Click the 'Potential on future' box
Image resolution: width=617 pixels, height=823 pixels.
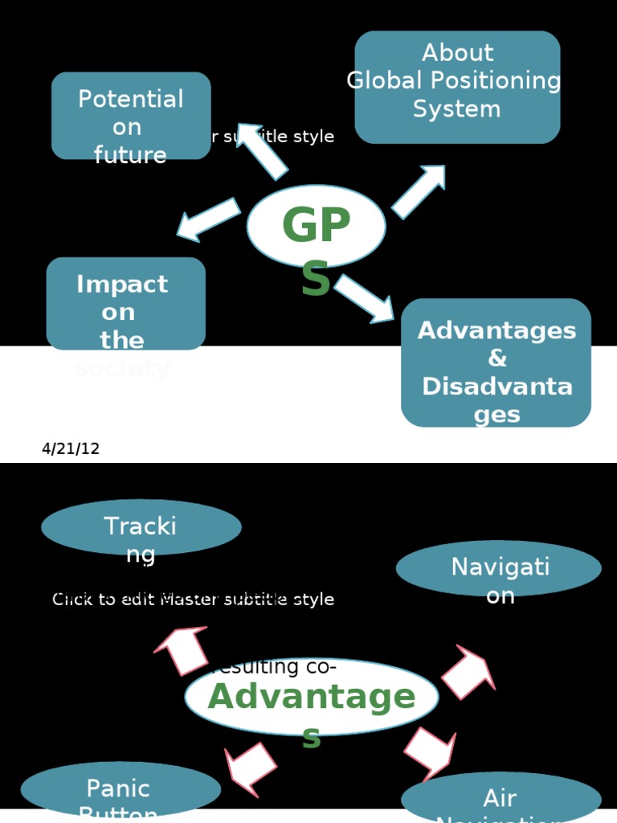[131, 115]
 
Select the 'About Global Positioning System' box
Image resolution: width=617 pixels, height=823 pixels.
[457, 87]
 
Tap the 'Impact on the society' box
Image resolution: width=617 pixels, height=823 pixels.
[125, 304]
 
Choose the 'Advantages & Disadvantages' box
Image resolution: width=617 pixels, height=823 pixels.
[496, 362]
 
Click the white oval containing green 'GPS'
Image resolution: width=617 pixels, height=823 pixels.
[316, 226]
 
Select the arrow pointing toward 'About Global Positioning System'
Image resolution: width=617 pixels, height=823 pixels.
[419, 191]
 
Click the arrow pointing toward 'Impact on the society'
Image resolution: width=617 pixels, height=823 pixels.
[207, 219]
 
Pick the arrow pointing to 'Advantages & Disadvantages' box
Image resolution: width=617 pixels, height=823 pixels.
[366, 297]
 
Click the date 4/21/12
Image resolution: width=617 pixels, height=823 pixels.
[71, 448]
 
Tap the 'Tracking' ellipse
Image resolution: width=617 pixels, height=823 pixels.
[141, 527]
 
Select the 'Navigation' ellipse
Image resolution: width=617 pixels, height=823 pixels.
[499, 568]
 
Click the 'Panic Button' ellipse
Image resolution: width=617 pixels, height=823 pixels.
[121, 789]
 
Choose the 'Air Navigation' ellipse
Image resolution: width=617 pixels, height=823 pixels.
[501, 799]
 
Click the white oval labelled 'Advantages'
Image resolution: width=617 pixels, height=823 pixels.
[312, 697]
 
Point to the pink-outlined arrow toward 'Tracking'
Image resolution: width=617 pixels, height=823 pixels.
[182, 649]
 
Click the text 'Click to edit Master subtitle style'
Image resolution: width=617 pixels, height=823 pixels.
[193, 600]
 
